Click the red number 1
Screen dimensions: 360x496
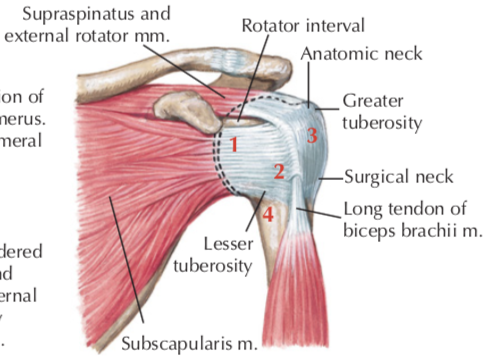[x=231, y=144]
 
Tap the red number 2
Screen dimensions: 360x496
[x=280, y=172]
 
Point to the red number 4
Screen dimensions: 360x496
[x=267, y=213]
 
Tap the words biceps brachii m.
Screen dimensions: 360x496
[x=413, y=230]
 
